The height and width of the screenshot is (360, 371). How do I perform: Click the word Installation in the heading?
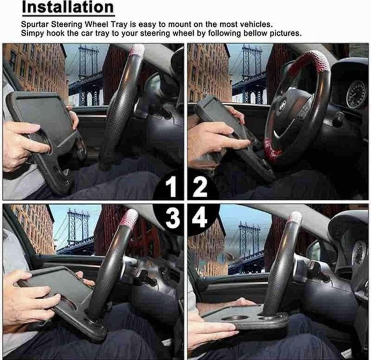coord(68,7)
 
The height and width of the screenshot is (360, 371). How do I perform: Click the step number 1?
coord(171,187)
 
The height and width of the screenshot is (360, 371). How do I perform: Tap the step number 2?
coord(200,187)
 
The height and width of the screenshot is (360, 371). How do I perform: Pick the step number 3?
coord(173,218)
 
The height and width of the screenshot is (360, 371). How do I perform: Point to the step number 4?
coord(199,218)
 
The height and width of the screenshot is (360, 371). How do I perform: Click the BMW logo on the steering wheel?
coord(282,106)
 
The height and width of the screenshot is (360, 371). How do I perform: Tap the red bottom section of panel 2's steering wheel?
coord(272,149)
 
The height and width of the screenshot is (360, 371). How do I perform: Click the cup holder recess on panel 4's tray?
coord(234,318)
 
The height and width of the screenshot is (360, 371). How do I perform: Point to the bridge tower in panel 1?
coord(87,75)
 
